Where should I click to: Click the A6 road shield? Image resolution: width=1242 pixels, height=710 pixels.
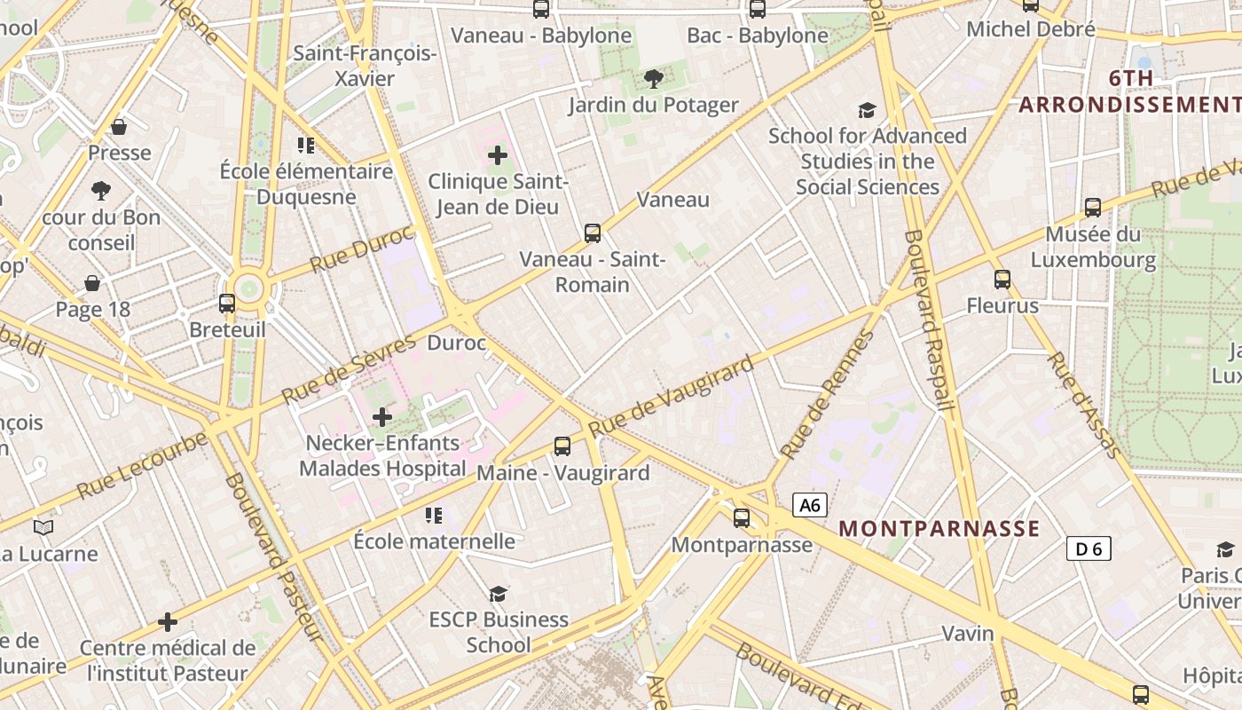(809, 506)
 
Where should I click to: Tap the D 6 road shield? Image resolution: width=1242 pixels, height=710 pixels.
(1089, 548)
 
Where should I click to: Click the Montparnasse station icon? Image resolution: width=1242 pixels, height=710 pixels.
(742, 517)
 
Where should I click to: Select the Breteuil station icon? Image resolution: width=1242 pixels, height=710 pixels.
(227, 304)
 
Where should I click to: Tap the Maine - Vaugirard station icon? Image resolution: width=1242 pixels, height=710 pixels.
(562, 446)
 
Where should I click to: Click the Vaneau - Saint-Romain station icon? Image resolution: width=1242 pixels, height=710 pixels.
(593, 233)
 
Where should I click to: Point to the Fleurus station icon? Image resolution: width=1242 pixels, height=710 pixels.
(1002, 280)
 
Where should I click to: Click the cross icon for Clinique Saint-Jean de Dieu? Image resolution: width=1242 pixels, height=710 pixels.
(498, 156)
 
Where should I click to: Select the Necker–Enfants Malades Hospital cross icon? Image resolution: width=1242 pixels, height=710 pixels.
(382, 416)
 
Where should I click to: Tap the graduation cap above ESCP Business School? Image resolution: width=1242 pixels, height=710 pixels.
(499, 593)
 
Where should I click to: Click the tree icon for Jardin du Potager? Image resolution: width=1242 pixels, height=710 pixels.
(654, 79)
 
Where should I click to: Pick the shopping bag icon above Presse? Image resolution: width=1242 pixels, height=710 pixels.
(119, 127)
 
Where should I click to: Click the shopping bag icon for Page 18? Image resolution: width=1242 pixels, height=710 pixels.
(92, 283)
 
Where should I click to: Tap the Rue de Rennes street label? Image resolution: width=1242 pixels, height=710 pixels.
(827, 395)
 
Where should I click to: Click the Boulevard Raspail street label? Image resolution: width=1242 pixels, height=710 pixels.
(929, 319)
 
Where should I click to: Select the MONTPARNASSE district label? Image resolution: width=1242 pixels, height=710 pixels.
(939, 529)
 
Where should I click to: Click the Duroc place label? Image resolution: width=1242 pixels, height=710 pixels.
(457, 343)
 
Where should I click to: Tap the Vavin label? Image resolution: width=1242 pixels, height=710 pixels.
(968, 633)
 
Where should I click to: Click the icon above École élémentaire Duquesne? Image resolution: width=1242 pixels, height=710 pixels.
(307, 146)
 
